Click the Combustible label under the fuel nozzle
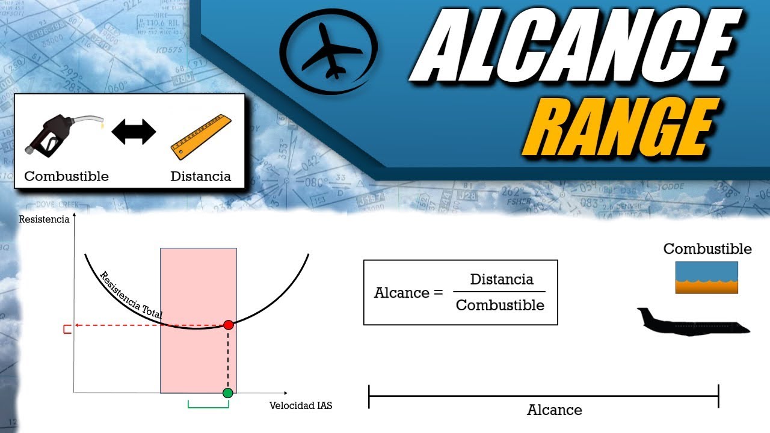tap(66, 176)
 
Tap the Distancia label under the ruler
tap(200, 176)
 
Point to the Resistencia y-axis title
tap(44, 220)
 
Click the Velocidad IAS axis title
tap(301, 405)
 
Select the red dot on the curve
tap(228, 325)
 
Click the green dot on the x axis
tap(227, 393)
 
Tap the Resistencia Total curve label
tap(131, 295)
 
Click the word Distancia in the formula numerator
tap(501, 280)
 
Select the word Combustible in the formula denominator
tap(500, 305)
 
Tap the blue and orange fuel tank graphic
tap(706, 277)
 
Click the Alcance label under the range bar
tap(554, 410)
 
